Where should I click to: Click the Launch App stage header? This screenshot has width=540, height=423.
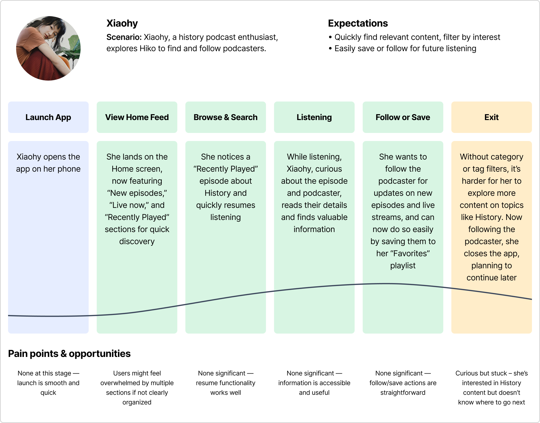coord(48,117)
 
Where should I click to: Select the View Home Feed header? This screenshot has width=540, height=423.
coord(137,117)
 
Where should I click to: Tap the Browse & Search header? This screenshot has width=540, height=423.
coord(226,117)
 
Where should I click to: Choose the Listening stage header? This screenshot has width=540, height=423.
coord(314,117)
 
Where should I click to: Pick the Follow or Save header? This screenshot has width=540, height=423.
coord(403,117)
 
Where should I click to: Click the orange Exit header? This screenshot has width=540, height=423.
coord(492,117)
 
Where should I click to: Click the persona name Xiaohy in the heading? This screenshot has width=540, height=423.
coord(122,24)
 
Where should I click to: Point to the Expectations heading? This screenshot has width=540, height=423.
coord(358,24)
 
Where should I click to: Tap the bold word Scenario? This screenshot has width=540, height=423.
coord(124,37)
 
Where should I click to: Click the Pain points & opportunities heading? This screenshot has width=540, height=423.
coord(69,354)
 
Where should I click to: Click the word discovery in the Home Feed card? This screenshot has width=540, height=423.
coord(137,241)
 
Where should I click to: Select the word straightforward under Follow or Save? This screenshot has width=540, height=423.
coord(403,393)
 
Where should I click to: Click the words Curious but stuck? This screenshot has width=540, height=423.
coord(481,373)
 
